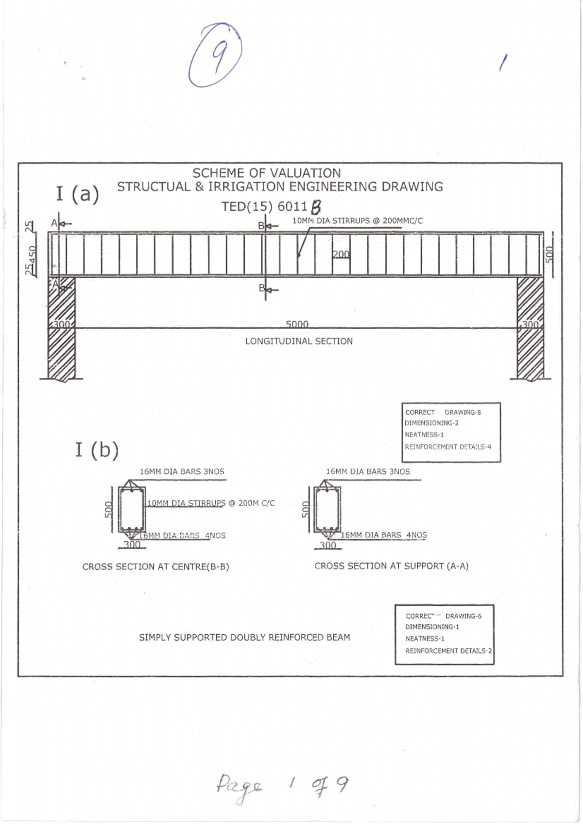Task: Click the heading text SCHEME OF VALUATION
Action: pyautogui.click(x=266, y=173)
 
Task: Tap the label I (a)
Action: pyautogui.click(x=77, y=194)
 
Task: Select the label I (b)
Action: pyautogui.click(x=97, y=450)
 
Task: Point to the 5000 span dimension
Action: pyautogui.click(x=297, y=324)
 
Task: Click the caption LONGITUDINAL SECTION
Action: pyautogui.click(x=299, y=341)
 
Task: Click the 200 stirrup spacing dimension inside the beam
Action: pyautogui.click(x=341, y=254)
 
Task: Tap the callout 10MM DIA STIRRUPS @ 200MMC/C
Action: pyautogui.click(x=357, y=221)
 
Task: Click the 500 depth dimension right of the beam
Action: pyautogui.click(x=549, y=254)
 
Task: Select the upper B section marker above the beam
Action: pyautogui.click(x=261, y=226)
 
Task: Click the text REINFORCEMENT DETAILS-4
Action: pyautogui.click(x=447, y=447)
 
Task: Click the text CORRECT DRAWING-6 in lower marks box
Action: pyautogui.click(x=444, y=616)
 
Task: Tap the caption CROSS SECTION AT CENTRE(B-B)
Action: pyautogui.click(x=155, y=567)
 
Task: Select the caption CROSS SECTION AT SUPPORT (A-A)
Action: pyautogui.click(x=392, y=566)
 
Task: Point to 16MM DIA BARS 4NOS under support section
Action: pyautogui.click(x=383, y=535)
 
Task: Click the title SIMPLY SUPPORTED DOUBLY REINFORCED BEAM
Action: pyautogui.click(x=244, y=638)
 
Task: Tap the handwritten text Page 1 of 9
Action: pyautogui.click(x=282, y=786)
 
